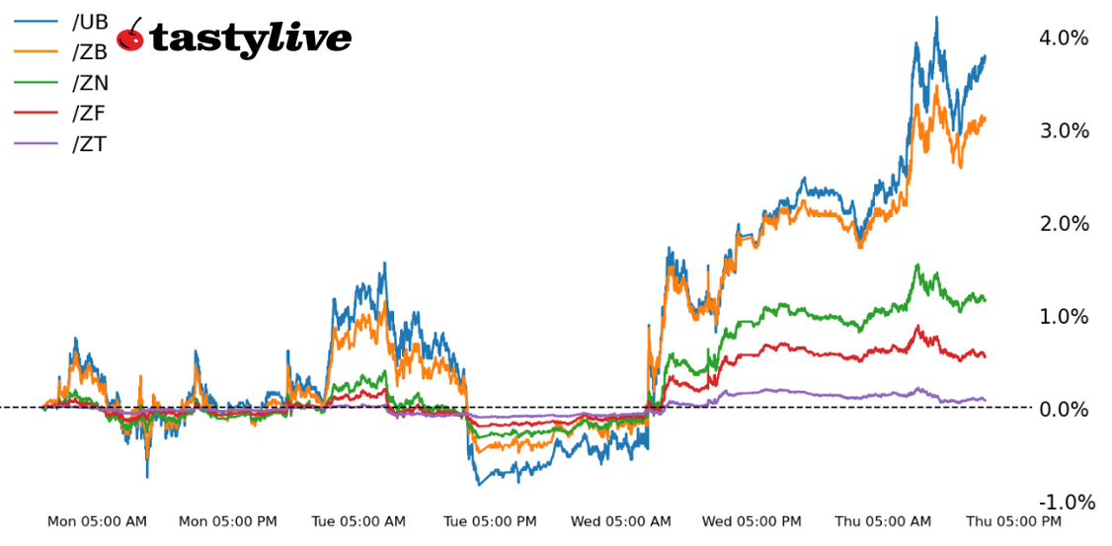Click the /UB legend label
coord(89,23)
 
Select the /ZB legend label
coord(89,53)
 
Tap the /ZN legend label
coord(89,84)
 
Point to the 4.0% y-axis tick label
coord(1063,39)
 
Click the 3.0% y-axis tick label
coord(1063,131)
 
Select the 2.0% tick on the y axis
coord(1063,224)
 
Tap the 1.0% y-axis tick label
coord(1063,317)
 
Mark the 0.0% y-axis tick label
coord(1063,409)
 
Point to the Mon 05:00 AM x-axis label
coord(97,521)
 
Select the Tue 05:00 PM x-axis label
coord(490,521)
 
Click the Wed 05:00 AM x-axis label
coord(621,521)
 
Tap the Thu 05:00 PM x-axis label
coord(1014,521)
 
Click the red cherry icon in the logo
coord(130,37)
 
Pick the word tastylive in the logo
coord(251,39)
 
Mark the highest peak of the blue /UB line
coord(935,17)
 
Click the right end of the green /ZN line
coord(985,299)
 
